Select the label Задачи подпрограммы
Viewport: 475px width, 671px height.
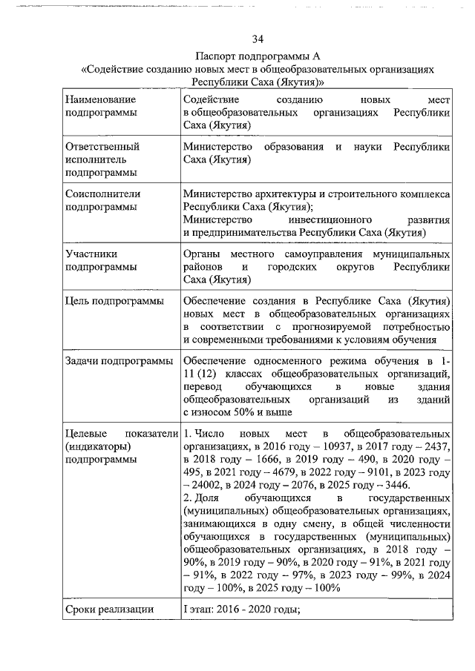[x=118, y=361]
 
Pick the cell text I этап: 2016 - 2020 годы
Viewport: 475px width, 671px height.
[x=240, y=609]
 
